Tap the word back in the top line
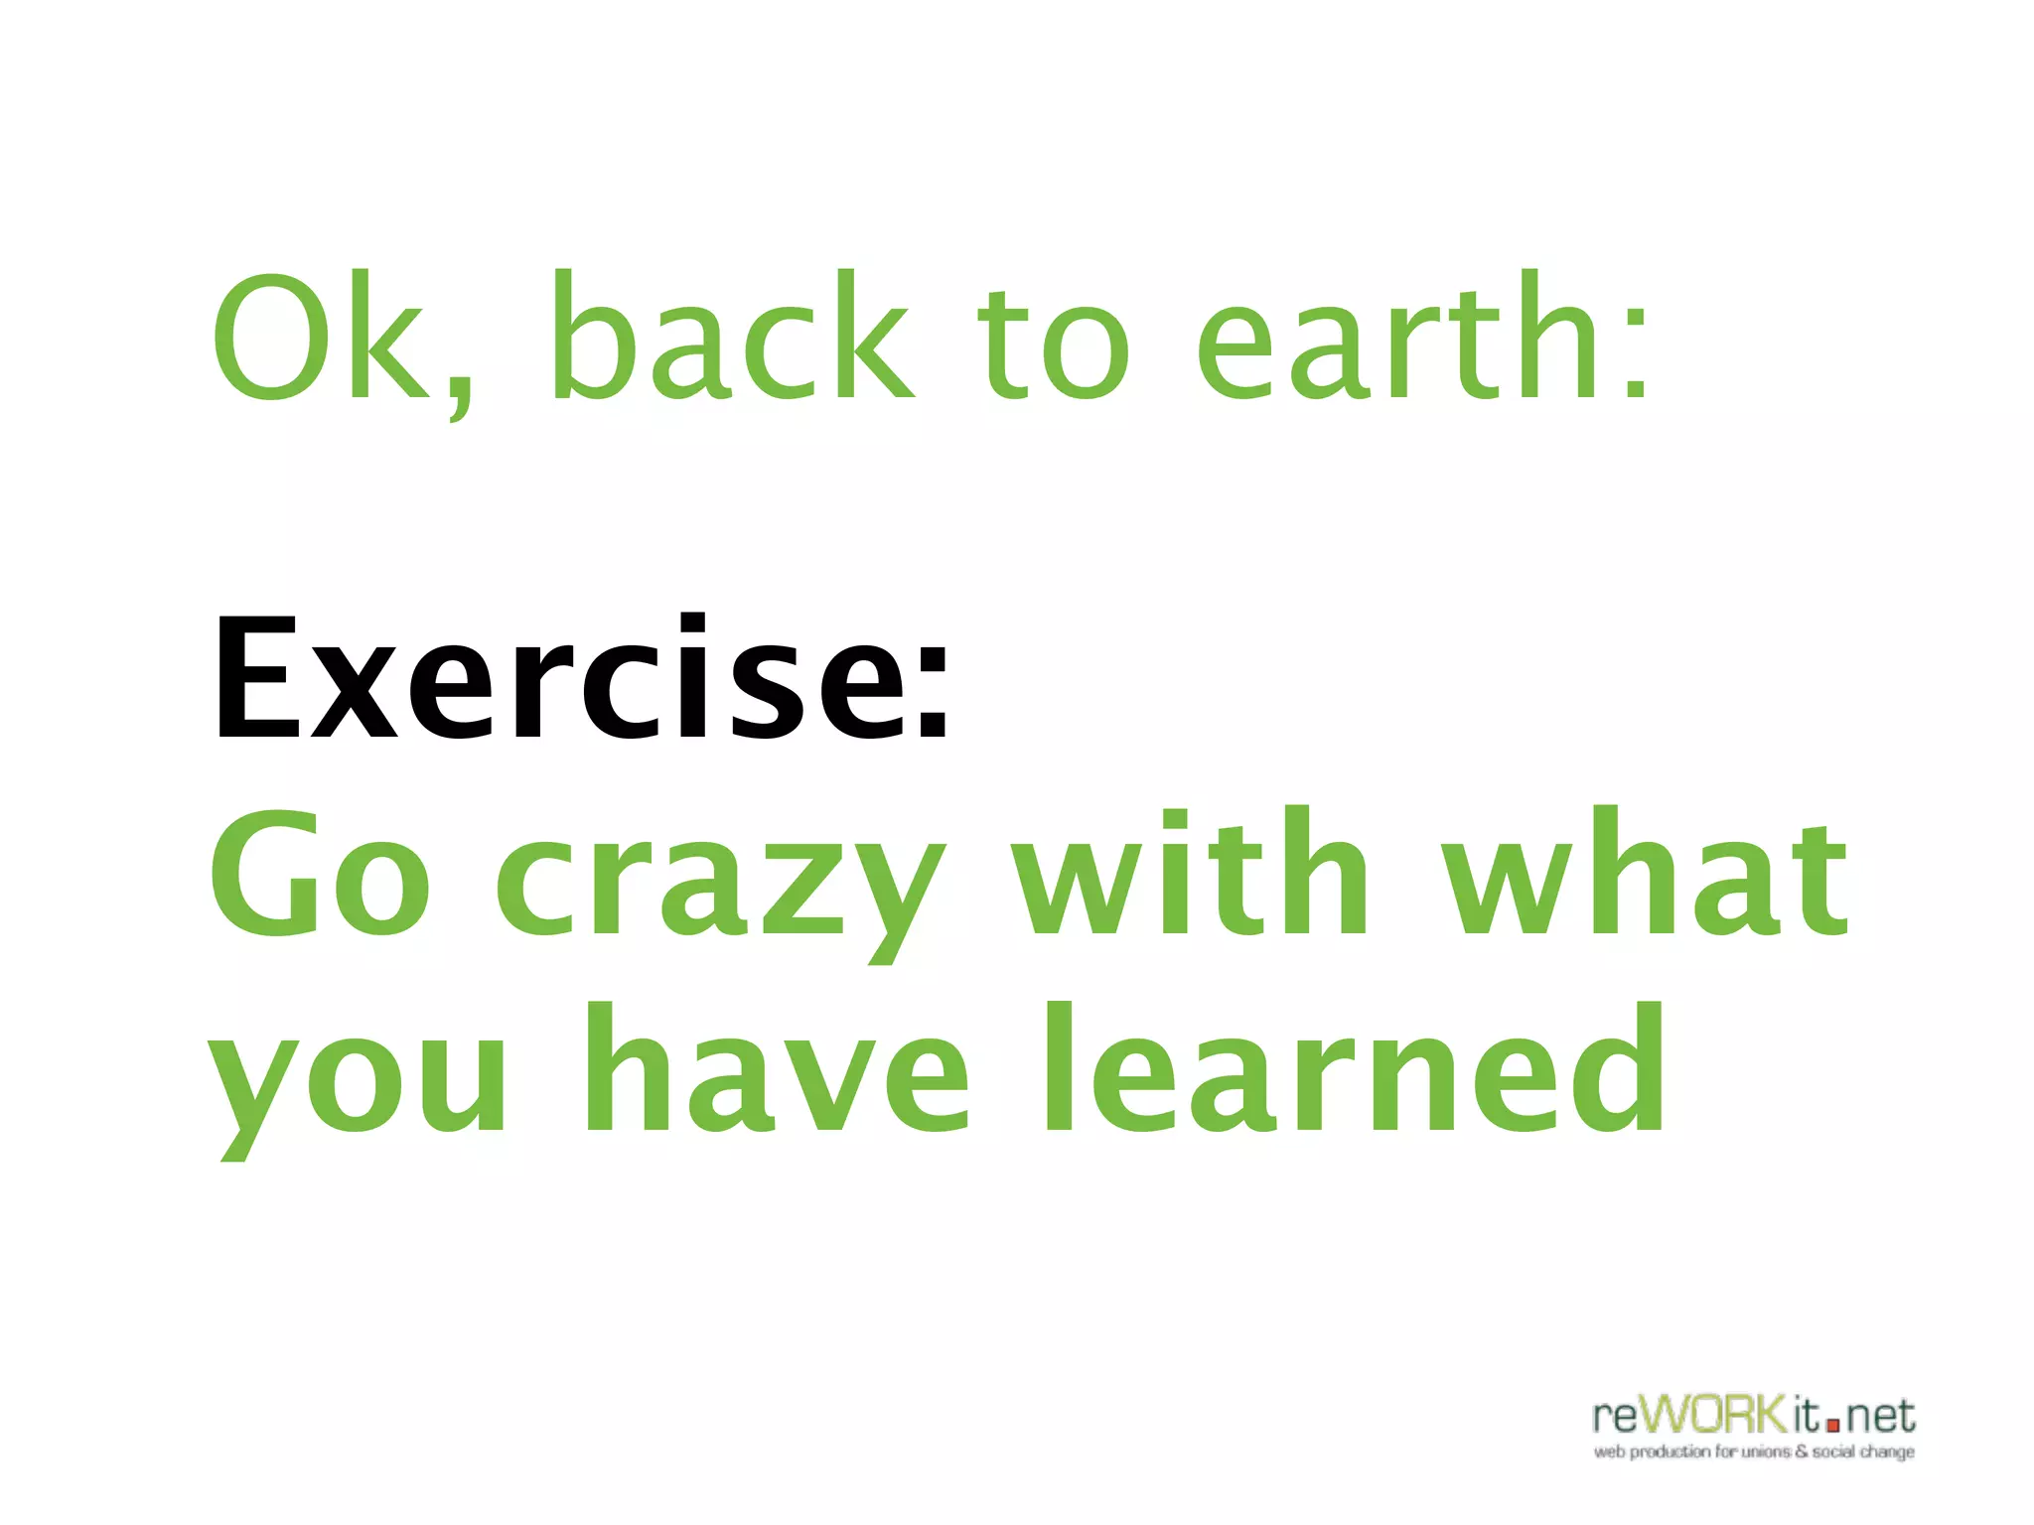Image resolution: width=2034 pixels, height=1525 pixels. (730, 338)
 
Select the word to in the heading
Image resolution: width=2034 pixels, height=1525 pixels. (1054, 343)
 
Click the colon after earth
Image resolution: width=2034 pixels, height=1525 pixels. (1635, 347)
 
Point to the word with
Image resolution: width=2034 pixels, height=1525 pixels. (1192, 874)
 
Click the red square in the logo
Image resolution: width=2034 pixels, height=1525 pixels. (1833, 1426)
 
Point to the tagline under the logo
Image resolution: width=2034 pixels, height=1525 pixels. (1754, 1453)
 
